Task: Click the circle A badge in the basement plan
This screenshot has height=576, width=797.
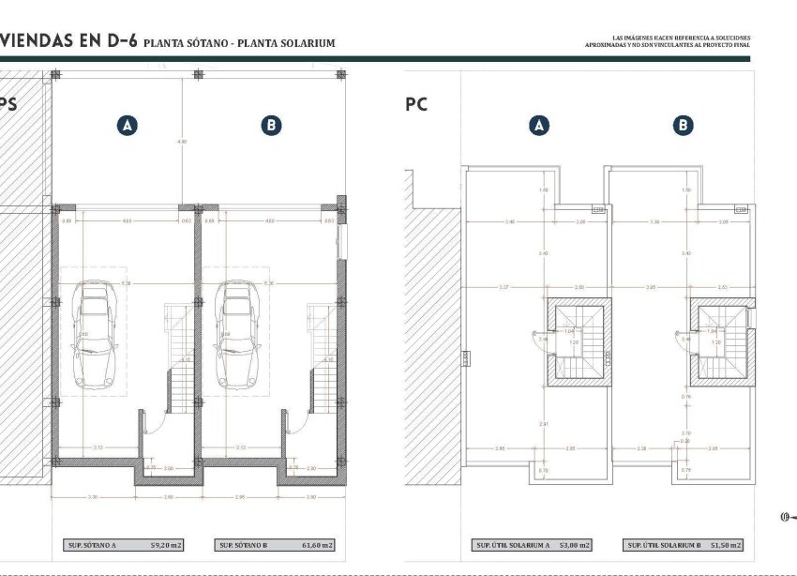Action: [127, 126]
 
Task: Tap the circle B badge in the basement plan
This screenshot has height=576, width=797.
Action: [270, 126]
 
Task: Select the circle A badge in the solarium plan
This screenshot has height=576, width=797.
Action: [538, 126]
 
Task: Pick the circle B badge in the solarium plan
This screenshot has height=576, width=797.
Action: [683, 126]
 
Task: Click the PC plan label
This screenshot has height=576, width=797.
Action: [416, 105]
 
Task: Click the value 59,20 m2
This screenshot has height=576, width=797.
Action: [167, 545]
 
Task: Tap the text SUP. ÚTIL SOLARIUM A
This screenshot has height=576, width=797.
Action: [513, 545]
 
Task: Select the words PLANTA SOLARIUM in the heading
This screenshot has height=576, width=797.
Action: [294, 43]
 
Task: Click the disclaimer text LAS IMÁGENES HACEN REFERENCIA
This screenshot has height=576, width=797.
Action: [668, 38]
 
